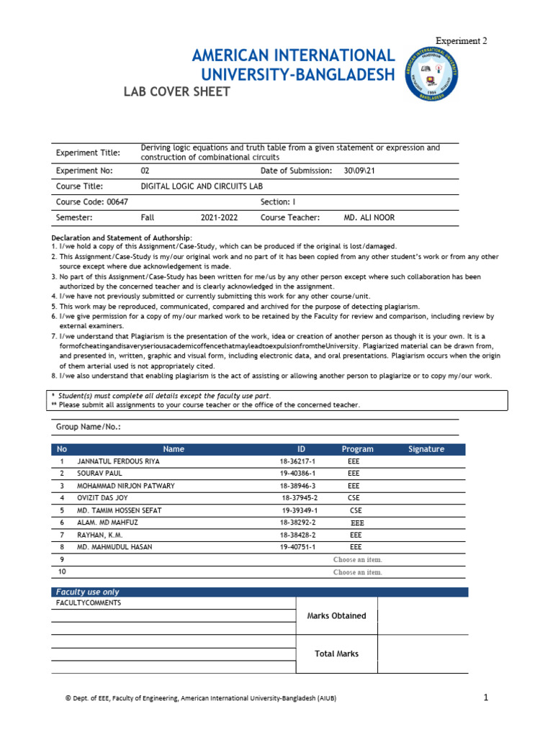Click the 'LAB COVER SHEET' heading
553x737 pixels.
pyautogui.click(x=178, y=92)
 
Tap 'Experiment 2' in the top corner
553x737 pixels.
pyautogui.click(x=461, y=41)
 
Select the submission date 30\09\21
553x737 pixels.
pyautogui.click(x=361, y=171)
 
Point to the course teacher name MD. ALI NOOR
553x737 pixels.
pyautogui.click(x=369, y=217)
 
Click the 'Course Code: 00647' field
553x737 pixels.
pyautogui.click(x=87, y=202)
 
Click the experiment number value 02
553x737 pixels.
pyautogui.click(x=145, y=171)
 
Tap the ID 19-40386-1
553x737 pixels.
pyautogui.click(x=298, y=474)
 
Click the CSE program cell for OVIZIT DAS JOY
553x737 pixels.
pyautogui.click(x=355, y=498)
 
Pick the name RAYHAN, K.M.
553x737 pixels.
pyautogui.click(x=104, y=535)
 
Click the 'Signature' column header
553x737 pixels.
pyautogui.click(x=426, y=449)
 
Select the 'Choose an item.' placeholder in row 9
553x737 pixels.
pyautogui.click(x=358, y=560)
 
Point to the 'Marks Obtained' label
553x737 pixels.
pyautogui.click(x=336, y=616)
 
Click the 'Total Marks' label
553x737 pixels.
pyautogui.click(x=336, y=654)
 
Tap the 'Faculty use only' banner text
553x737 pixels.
pyautogui.click(x=88, y=592)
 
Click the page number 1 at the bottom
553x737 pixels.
pyautogui.click(x=486, y=697)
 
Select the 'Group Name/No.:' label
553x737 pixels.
pyautogui.click(x=89, y=427)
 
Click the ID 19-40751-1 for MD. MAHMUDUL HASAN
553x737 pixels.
pyautogui.click(x=298, y=548)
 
